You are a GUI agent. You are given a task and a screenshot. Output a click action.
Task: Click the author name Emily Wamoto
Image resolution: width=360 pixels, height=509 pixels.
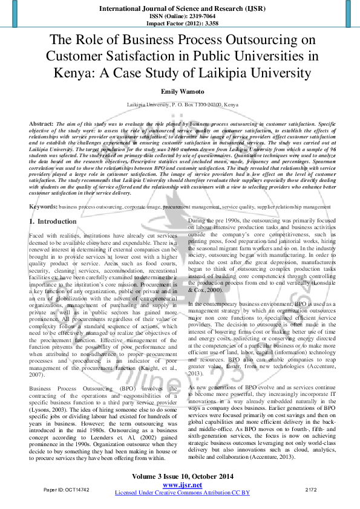(x=180, y=91)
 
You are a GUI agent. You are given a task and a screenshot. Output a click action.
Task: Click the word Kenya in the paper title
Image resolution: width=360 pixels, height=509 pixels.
(x=71, y=74)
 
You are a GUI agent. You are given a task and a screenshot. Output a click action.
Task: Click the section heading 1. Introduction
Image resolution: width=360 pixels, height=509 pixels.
(x=53, y=222)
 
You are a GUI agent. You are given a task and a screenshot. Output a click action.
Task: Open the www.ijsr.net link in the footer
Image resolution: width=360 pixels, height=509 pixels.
(x=180, y=485)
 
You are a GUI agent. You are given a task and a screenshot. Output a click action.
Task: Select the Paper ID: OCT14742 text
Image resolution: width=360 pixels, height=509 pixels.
(x=67, y=488)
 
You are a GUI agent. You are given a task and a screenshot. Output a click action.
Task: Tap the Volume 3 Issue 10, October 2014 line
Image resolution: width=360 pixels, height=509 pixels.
(x=180, y=477)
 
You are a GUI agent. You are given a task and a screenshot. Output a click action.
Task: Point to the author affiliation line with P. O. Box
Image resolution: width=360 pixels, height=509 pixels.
(x=180, y=105)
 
